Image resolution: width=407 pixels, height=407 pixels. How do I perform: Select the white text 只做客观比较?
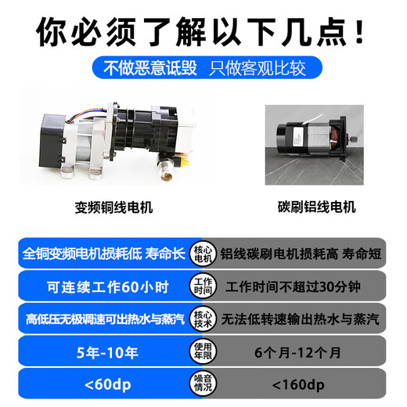255,68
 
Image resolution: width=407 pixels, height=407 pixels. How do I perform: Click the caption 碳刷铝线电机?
316,208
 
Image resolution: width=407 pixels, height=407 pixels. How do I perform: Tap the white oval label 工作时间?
203,286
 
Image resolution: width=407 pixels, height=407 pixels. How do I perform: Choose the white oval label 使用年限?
203,352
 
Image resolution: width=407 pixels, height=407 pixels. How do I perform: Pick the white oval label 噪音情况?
203,385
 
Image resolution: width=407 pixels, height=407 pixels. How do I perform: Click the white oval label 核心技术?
203,319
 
